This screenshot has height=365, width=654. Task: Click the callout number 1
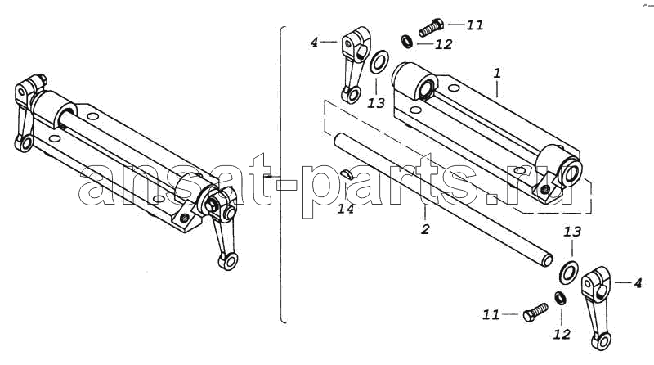[x=497, y=74]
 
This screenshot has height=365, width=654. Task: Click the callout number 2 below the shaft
[x=425, y=229]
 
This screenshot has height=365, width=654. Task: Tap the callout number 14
[x=346, y=209]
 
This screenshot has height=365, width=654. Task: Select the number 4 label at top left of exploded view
[x=314, y=43]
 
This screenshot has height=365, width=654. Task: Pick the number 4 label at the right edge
[x=638, y=283]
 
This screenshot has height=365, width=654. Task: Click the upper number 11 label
[x=475, y=25]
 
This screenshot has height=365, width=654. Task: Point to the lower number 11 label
[x=491, y=314]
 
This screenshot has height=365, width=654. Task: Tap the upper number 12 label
[x=443, y=44]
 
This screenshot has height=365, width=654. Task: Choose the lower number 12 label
[x=562, y=334]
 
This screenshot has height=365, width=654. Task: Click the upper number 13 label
[x=376, y=103]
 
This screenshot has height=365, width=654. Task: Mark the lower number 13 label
[x=572, y=232]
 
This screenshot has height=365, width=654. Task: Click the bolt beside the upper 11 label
[x=430, y=28]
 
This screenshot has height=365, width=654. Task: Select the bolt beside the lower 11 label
[x=535, y=312]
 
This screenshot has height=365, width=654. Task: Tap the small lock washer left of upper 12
[x=406, y=41]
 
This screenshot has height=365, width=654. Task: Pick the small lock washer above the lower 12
[x=560, y=298]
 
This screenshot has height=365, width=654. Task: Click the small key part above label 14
[x=347, y=174]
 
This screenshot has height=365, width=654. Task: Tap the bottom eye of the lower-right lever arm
[x=601, y=340]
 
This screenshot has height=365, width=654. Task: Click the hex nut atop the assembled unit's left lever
[x=42, y=79]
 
